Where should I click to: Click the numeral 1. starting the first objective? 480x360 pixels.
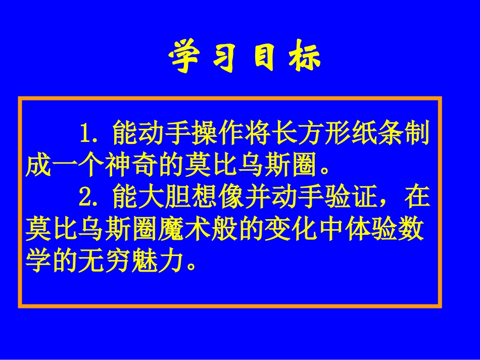click(x=91, y=134)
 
